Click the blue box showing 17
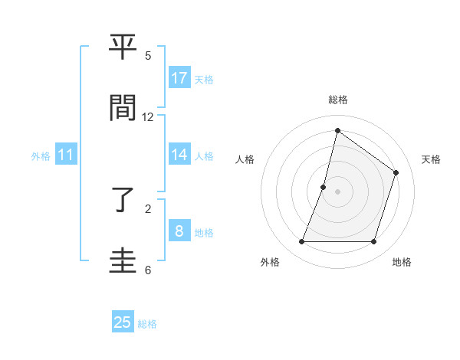(179, 78)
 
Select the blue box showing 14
(179, 155)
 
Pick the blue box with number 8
(179, 231)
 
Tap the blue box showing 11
(66, 155)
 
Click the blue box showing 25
(123, 322)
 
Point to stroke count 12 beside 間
(148, 117)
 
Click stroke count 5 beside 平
(148, 56)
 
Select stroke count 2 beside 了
(148, 208)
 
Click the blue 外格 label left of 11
(41, 156)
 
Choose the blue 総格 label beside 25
(147, 324)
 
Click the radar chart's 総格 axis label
(338, 100)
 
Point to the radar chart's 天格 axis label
(431, 159)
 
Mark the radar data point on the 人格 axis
(324, 187)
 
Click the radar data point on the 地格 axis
(373, 242)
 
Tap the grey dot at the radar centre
(338, 191)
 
